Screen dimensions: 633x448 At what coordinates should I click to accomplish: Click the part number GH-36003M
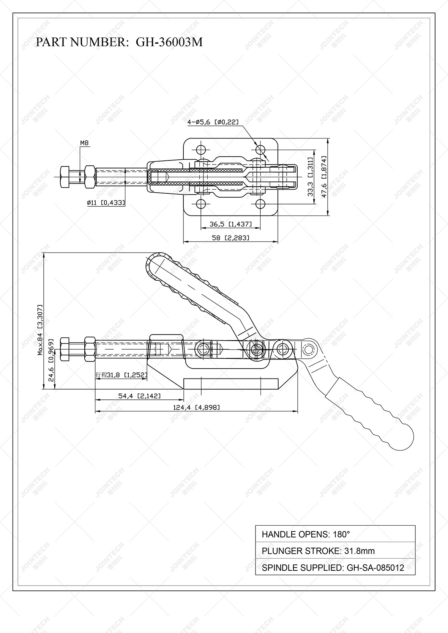(169, 42)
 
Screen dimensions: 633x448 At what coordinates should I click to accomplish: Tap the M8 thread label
(84, 143)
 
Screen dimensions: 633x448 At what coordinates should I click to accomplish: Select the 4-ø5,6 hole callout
(213, 122)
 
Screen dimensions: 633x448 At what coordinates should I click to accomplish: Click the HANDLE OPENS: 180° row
(335, 534)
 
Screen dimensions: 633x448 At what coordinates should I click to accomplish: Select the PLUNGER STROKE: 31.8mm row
(335, 551)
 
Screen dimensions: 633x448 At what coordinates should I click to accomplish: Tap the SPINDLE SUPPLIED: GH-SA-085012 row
(335, 567)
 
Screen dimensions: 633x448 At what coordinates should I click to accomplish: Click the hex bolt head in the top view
(65, 177)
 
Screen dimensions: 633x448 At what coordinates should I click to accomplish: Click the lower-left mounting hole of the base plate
(201, 204)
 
